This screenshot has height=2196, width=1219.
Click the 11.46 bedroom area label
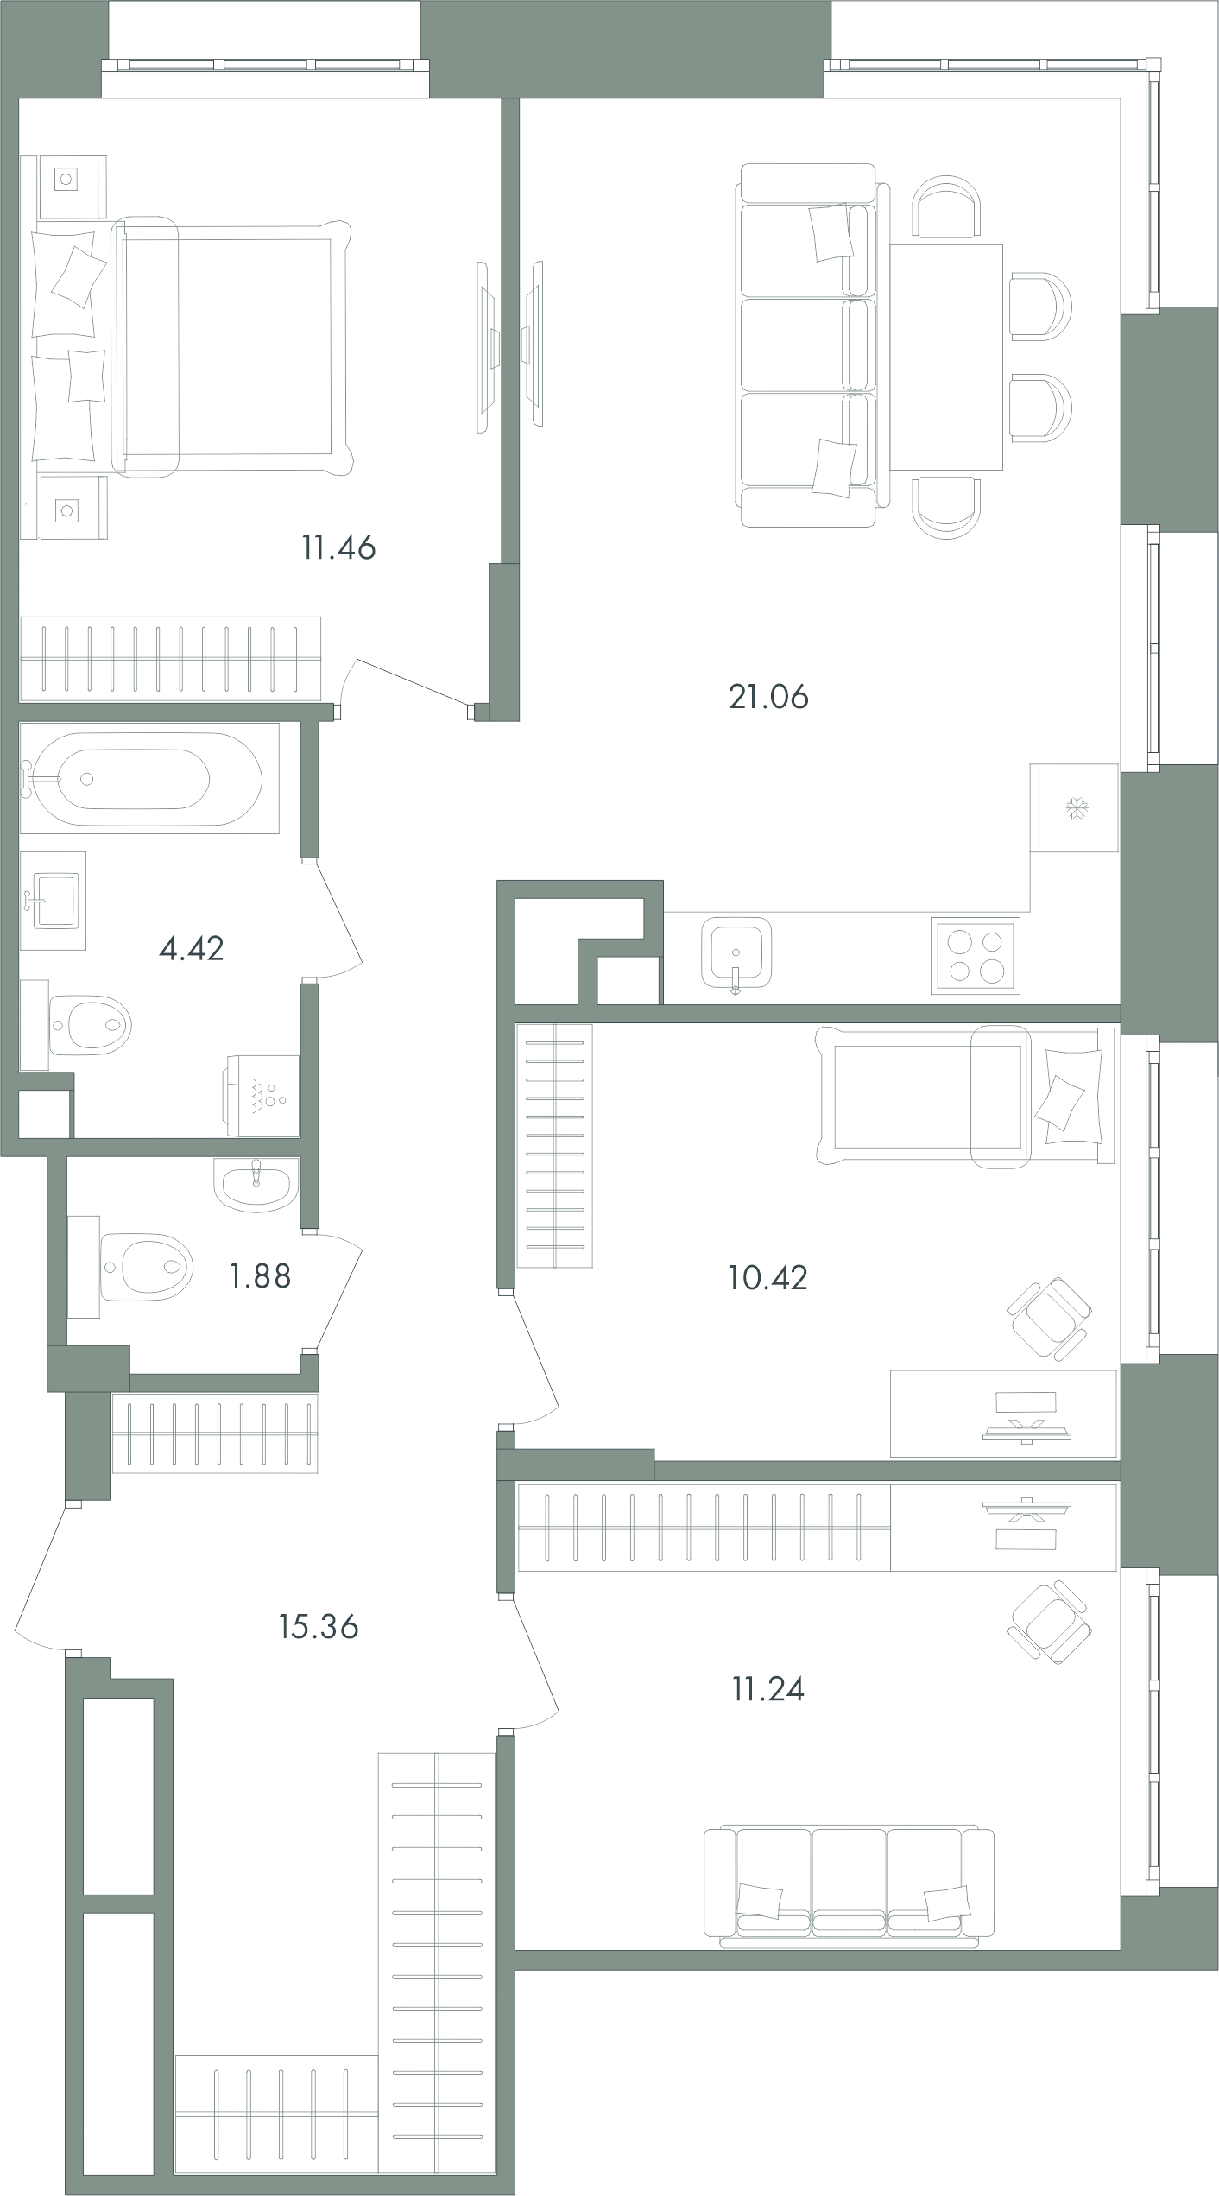(x=338, y=547)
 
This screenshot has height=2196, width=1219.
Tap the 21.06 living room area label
(x=769, y=696)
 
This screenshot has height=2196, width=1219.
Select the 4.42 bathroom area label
(x=192, y=949)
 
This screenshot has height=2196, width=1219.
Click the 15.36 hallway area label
(x=319, y=1627)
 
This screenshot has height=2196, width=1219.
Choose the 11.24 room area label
(x=768, y=1688)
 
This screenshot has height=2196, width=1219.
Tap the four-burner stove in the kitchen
(x=976, y=955)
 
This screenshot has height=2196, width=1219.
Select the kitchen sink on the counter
(x=736, y=953)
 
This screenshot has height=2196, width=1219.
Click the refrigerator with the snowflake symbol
(x=1075, y=808)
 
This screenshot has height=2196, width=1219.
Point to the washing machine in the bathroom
(x=262, y=1095)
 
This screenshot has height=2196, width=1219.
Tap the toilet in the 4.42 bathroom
(x=89, y=1026)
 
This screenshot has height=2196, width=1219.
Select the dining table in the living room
(x=946, y=357)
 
